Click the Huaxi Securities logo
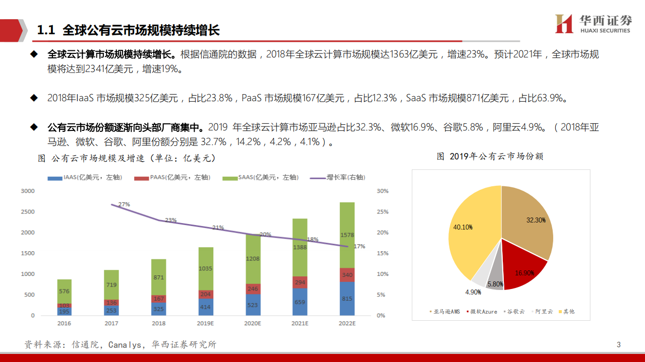coord(593,24)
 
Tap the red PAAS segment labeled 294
coord(300,282)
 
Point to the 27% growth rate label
coord(124,204)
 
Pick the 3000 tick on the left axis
coord(28,191)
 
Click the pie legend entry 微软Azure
coord(482,312)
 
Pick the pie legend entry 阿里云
coord(542,312)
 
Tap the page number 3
coord(619,345)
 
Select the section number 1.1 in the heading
coord(45,30)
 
